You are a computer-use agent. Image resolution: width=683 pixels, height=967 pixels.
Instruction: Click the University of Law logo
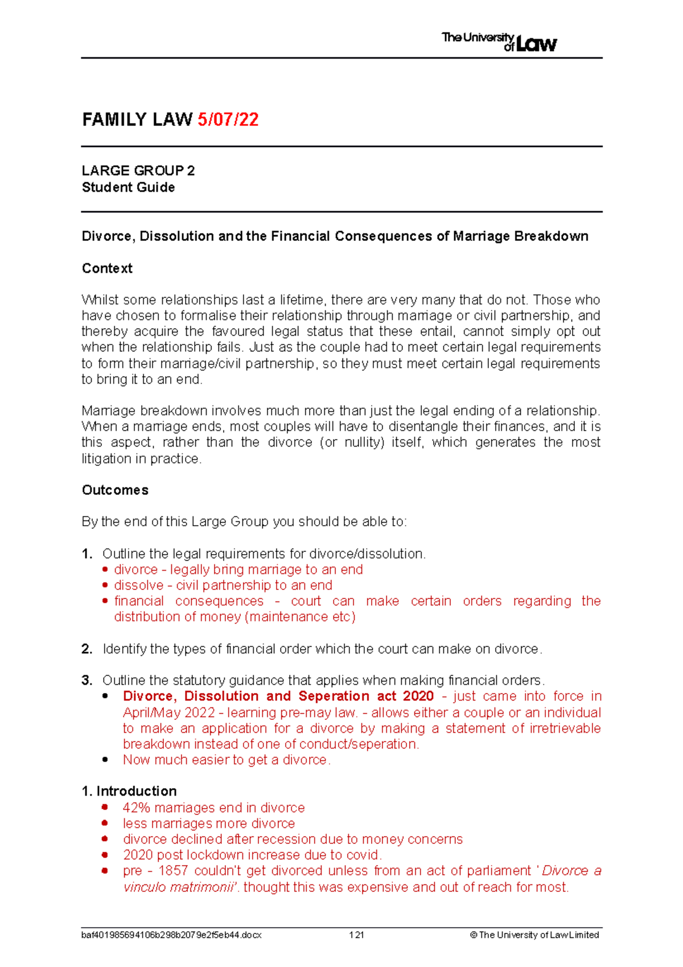(x=499, y=42)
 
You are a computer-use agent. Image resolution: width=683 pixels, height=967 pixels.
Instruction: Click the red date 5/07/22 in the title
(x=228, y=120)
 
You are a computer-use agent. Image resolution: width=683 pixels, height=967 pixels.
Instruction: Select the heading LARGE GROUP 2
(x=138, y=171)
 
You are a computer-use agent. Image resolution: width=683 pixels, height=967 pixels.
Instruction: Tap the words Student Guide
(x=128, y=187)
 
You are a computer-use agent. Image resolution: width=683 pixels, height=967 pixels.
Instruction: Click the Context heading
(x=107, y=268)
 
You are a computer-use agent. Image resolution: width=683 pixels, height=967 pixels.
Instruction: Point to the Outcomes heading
(x=115, y=490)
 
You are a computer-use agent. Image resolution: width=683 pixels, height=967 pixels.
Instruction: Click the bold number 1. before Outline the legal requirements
(x=87, y=554)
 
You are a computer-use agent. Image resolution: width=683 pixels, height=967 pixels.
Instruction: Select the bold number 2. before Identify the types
(x=87, y=649)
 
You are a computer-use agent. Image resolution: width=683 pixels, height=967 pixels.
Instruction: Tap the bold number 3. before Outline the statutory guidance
(x=87, y=681)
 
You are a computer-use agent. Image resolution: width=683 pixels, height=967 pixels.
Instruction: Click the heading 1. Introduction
(x=129, y=791)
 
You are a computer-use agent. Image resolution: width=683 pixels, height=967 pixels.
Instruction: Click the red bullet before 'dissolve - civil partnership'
(x=105, y=585)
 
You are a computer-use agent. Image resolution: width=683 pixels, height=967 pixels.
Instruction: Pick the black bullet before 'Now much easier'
(x=105, y=760)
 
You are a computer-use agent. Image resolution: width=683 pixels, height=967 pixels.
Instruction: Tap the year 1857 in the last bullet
(x=173, y=871)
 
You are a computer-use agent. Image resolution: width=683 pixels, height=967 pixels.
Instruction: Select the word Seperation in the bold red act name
(x=334, y=696)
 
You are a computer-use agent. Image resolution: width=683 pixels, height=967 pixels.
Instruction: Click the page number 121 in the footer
(x=356, y=935)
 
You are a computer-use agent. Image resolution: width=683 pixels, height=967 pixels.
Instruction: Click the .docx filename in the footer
(x=171, y=935)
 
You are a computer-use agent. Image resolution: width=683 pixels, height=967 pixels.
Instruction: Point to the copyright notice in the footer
(x=534, y=935)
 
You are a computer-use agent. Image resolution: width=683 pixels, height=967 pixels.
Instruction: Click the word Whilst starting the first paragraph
(x=100, y=300)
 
